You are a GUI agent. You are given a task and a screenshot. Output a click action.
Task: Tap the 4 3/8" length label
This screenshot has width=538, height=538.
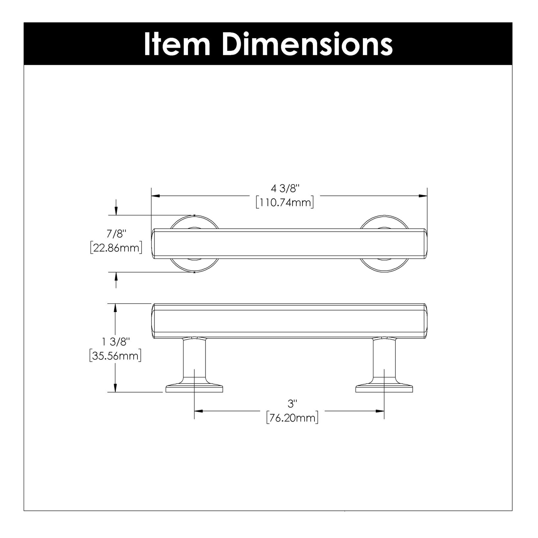click(x=285, y=189)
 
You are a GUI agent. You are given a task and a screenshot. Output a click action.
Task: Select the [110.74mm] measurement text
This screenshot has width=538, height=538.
click(x=285, y=203)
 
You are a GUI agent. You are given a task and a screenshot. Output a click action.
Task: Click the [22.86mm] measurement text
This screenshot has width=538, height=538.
click(x=116, y=248)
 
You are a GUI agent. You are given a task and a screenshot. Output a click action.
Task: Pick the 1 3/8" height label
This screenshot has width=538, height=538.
click(x=116, y=342)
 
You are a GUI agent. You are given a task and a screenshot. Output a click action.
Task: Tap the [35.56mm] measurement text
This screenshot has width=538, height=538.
click(x=115, y=356)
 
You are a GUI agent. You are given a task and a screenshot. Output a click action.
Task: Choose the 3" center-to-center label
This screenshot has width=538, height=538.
click(x=292, y=404)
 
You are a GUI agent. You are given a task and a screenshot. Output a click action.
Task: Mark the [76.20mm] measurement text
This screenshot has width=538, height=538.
click(x=292, y=418)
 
